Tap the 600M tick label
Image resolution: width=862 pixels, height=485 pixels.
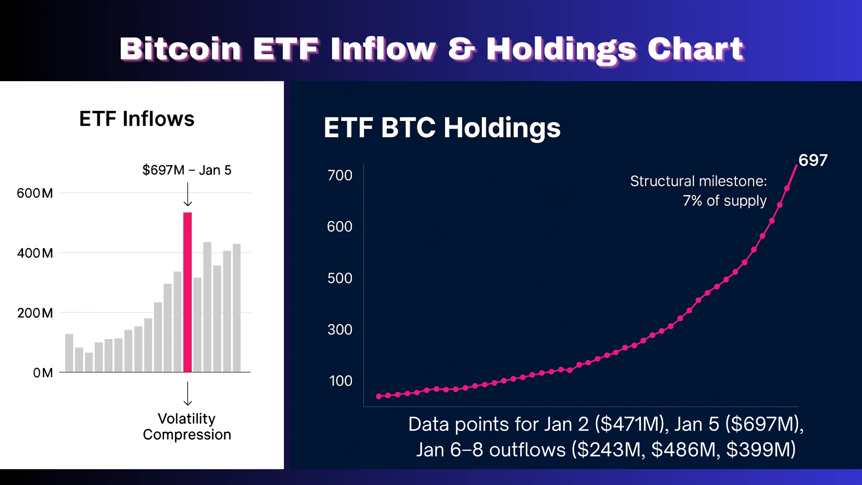(35, 193)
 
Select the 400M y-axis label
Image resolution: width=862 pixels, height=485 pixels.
(35, 253)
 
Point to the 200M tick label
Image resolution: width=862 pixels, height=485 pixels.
(35, 313)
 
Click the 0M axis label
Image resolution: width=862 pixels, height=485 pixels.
(43, 373)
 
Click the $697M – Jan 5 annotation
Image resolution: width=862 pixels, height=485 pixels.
(187, 170)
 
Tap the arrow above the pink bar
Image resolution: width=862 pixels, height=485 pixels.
(188, 194)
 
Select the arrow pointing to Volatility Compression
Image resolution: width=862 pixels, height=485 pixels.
(188, 393)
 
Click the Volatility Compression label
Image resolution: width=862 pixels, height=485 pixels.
(187, 427)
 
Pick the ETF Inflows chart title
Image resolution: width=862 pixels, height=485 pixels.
(137, 119)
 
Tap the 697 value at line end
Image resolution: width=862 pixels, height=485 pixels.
(813, 160)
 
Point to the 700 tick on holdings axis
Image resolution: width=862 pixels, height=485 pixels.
(340, 175)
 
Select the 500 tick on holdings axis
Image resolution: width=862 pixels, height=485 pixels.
(340, 279)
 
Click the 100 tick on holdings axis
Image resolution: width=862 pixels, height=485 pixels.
(340, 381)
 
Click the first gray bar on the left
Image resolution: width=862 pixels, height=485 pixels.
(69, 353)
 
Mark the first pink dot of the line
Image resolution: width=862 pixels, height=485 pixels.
(379, 396)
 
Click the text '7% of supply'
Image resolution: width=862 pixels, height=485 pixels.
(725, 201)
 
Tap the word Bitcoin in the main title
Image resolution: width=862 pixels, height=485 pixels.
(180, 49)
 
